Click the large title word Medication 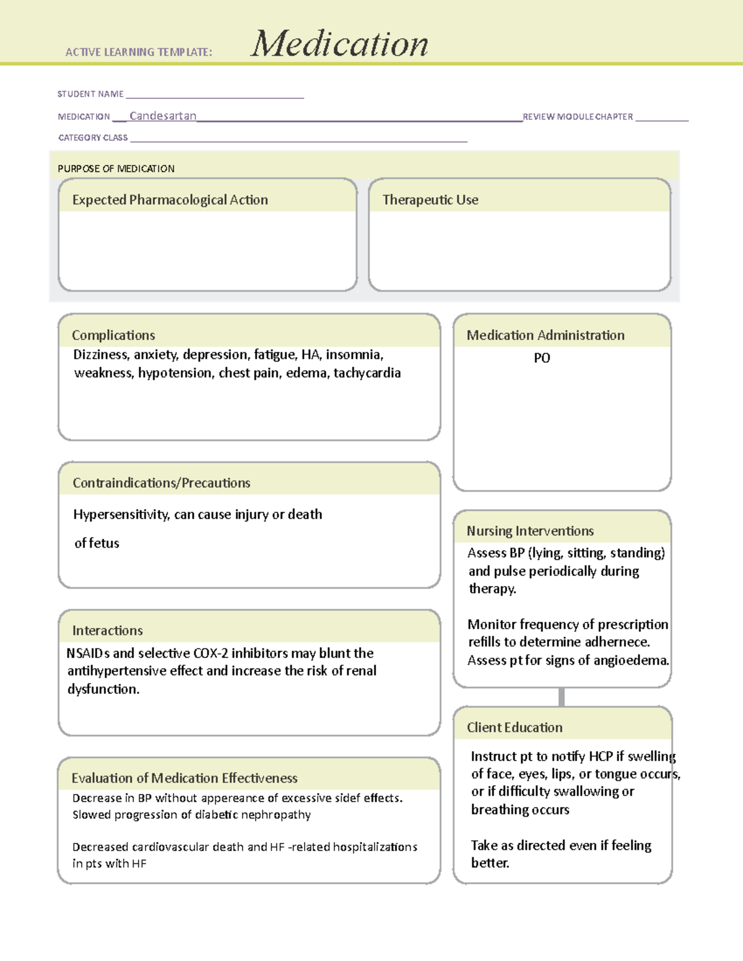click(x=339, y=44)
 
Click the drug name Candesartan click(x=163, y=116)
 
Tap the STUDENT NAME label click(x=90, y=94)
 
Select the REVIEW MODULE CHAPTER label click(x=578, y=116)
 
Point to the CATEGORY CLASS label click(x=93, y=137)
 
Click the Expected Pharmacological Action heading click(x=170, y=200)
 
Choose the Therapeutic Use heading click(x=430, y=200)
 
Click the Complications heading click(x=113, y=335)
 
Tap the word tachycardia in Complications click(x=367, y=373)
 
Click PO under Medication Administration click(x=542, y=358)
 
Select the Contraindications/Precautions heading click(x=161, y=483)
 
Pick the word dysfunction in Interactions click(x=103, y=689)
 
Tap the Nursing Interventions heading click(x=530, y=531)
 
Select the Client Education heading click(x=515, y=727)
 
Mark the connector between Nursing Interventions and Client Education click(x=562, y=697)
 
